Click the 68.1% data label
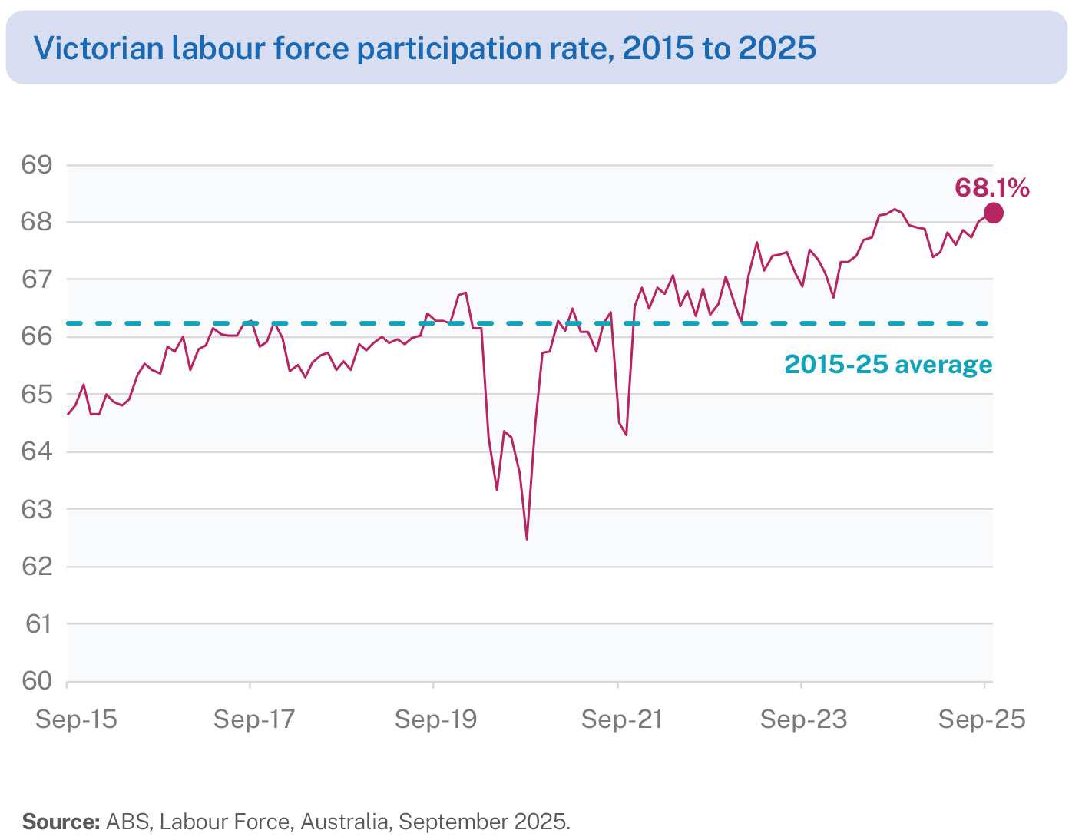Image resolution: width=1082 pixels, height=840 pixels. (991, 187)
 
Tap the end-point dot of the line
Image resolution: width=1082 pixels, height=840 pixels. (993, 213)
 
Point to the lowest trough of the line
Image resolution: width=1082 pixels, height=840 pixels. (527, 539)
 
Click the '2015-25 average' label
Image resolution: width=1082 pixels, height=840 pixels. (888, 364)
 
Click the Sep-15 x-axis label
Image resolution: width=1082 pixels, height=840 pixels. (77, 719)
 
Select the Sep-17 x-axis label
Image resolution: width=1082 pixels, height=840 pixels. (254, 719)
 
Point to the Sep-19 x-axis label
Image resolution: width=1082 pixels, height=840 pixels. (435, 719)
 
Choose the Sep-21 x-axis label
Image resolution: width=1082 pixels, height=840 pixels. (621, 719)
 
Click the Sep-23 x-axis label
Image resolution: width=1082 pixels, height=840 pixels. (804, 719)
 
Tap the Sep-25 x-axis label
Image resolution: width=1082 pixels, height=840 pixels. (982, 719)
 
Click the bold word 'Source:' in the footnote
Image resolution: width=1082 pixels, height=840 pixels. (61, 822)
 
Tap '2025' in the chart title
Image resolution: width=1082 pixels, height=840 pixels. (777, 48)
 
